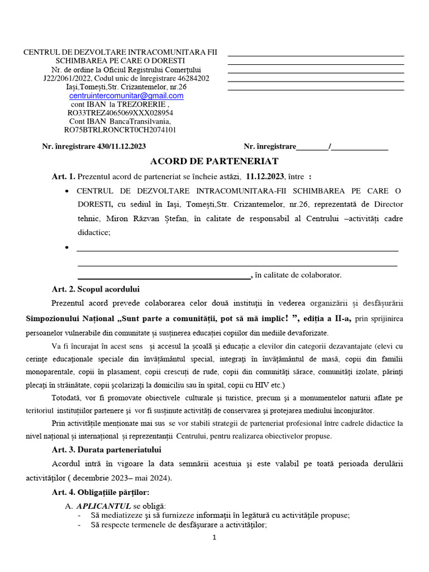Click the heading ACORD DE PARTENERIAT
pos(214,161)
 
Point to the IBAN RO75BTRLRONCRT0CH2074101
pos(120,130)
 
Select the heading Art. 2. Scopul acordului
pos(96,289)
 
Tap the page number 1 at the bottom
pos(214,537)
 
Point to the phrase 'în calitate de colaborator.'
pos(298,275)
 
